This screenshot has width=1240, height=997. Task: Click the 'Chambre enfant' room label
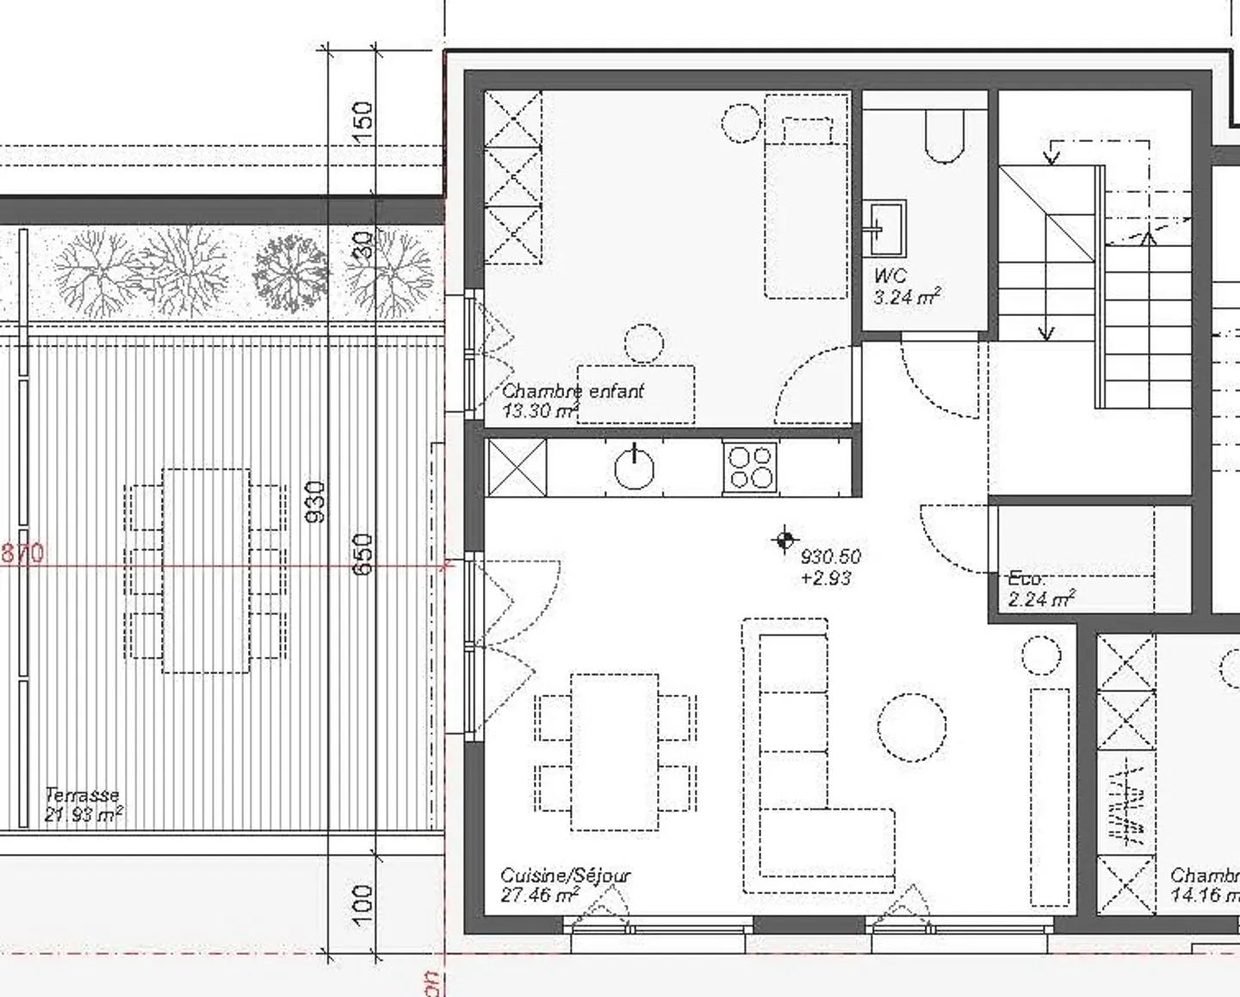pos(573,391)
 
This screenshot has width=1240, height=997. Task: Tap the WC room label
pos(890,276)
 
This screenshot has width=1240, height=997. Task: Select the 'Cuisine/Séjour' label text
pos(565,876)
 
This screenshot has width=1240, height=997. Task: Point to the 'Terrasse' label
pos(82,795)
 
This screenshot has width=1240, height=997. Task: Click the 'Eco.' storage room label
pos(1026,579)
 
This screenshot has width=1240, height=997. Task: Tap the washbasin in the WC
pos(884,227)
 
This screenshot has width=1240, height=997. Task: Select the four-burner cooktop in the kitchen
pos(750,468)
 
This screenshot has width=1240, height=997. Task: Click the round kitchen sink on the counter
pos(635,468)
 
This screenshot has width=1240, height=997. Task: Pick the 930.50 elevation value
pos(830,557)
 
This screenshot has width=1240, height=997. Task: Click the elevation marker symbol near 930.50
pos(784,541)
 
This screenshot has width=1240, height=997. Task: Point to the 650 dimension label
pos(363,554)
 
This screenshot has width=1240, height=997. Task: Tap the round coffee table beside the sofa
pos(912,728)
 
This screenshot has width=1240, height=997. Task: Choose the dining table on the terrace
pos(206,570)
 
